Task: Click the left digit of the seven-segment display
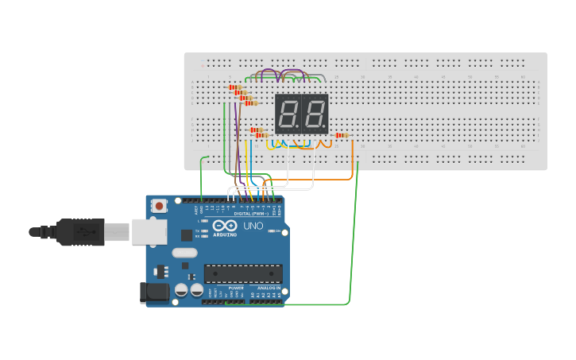288,114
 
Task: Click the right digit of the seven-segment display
315,114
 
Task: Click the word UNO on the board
253,226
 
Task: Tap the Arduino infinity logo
224,226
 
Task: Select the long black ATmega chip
242,273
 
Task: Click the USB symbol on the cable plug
83,232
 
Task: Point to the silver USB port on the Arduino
149,231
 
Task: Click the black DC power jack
154,292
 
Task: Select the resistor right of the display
342,135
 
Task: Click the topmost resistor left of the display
235,87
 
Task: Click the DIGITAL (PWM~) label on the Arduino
251,213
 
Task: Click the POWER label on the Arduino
235,288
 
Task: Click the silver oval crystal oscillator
184,253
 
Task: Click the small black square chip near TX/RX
187,235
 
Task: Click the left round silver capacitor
181,291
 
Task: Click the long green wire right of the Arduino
350,238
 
